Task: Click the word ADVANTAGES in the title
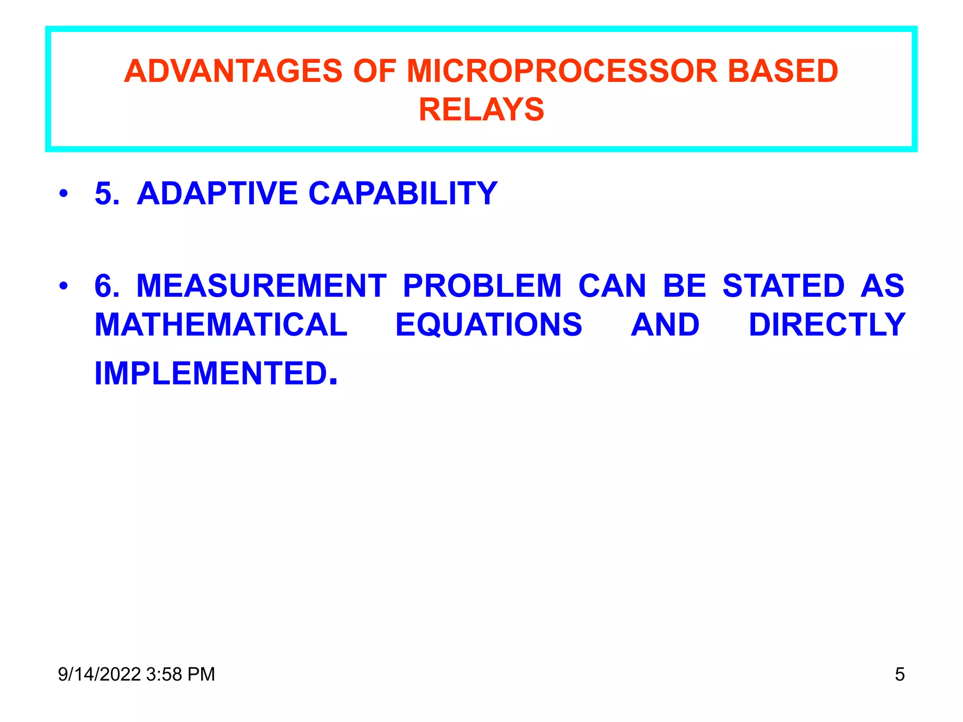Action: (x=233, y=71)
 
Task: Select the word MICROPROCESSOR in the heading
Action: (x=561, y=71)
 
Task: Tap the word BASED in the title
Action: (x=783, y=71)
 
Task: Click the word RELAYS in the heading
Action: (x=481, y=110)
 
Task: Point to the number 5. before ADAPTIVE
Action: (x=107, y=193)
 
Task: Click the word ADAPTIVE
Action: (x=217, y=193)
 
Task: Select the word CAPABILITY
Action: (x=403, y=193)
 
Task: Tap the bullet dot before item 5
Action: (x=63, y=193)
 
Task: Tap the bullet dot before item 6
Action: (x=63, y=285)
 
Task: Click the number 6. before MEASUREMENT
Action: (x=107, y=285)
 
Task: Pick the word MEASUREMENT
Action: (x=261, y=285)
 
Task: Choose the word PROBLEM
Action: (x=482, y=285)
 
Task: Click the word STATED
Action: (x=783, y=285)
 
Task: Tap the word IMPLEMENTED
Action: (x=212, y=373)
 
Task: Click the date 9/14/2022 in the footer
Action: (x=99, y=674)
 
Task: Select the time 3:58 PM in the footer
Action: (x=181, y=674)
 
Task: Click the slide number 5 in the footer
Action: (x=900, y=674)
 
